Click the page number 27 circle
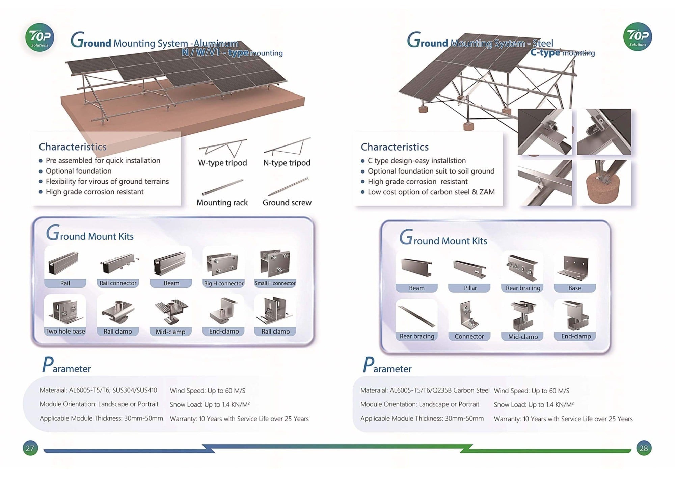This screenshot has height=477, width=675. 30,448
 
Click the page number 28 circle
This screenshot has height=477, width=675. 644,448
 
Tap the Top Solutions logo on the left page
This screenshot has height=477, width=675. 39,37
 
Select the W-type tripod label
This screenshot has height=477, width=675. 222,163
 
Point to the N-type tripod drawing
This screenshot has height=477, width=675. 287,147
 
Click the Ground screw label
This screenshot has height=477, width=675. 287,203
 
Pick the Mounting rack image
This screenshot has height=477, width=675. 222,187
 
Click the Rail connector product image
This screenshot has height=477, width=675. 118,264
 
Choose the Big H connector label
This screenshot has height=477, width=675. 223,283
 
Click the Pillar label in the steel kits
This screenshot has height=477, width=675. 470,288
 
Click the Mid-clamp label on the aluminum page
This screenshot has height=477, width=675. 170,332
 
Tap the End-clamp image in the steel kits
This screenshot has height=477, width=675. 576,316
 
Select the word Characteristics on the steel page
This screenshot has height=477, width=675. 395,147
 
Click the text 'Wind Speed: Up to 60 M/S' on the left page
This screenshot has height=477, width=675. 208,391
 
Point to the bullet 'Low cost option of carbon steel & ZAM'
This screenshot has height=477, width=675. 431,192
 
